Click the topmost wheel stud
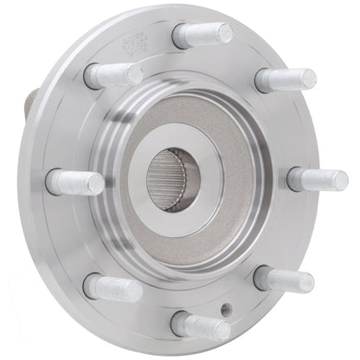[202, 35]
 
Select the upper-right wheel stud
[285, 80]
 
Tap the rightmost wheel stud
[317, 179]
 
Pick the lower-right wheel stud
[284, 279]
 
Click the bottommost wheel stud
[201, 326]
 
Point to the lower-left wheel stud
[112, 287]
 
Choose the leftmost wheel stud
[75, 182]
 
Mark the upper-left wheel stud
[112, 75]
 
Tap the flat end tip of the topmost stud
[226, 34]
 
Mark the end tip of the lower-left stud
[135, 290]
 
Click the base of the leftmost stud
[55, 182]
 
